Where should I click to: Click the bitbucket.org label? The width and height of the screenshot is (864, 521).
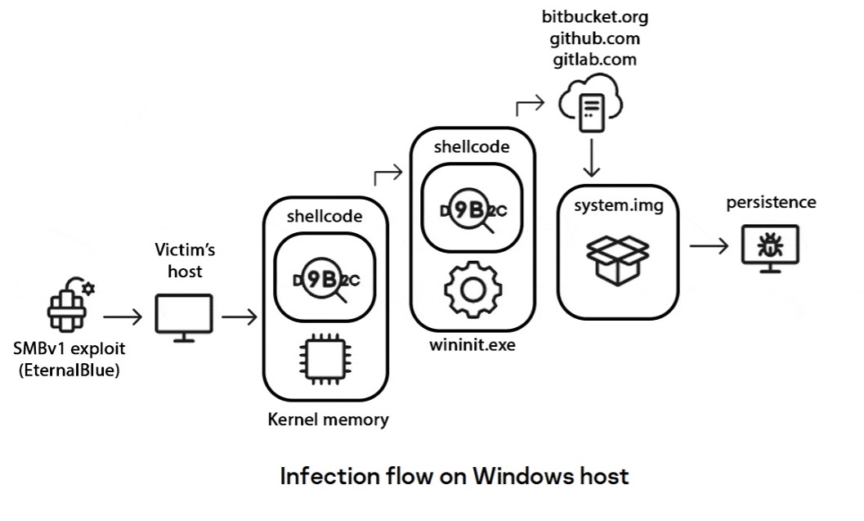click(594, 17)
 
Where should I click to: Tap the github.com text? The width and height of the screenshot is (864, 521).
click(594, 38)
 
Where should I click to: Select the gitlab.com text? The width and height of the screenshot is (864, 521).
click(594, 60)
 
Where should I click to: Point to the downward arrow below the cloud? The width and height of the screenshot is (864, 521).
click(591, 158)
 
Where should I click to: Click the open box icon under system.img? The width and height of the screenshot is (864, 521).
click(618, 260)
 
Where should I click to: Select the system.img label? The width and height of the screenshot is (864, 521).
click(618, 205)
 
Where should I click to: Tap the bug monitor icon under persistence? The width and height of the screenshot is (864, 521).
click(770, 249)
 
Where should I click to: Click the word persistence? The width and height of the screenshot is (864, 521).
click(771, 202)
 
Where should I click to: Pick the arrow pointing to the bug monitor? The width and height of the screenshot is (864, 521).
click(710, 246)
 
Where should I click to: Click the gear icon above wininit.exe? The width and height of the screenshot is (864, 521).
click(472, 290)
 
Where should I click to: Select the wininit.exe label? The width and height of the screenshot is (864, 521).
click(472, 345)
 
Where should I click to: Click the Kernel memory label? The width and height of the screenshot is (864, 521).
click(329, 420)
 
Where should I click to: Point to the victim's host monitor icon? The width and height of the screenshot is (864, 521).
click(184, 318)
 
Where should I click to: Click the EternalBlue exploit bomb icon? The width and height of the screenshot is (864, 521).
click(70, 305)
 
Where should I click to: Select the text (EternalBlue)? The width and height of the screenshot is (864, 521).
click(69, 370)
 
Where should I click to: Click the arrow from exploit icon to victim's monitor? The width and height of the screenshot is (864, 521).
click(123, 317)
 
